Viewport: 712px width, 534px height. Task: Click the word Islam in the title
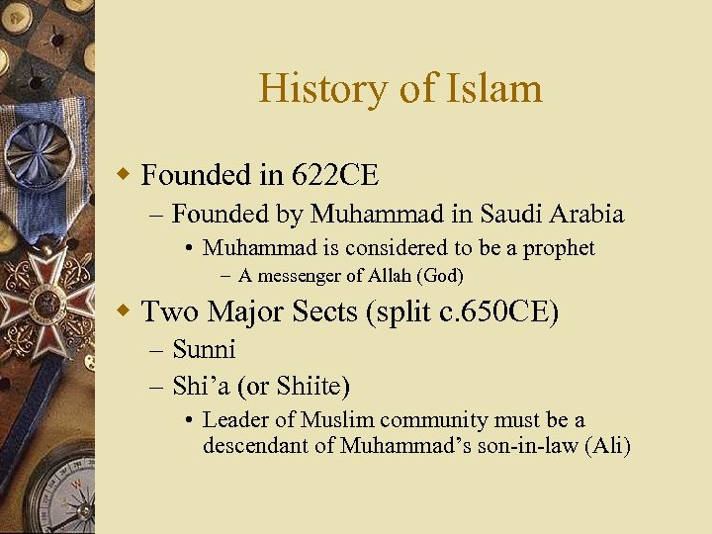[499, 89]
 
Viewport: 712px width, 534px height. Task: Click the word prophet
[559, 248]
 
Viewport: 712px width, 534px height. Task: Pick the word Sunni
[204, 349]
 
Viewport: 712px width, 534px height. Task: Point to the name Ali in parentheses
[607, 446]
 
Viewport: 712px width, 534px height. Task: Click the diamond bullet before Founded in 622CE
[124, 176]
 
